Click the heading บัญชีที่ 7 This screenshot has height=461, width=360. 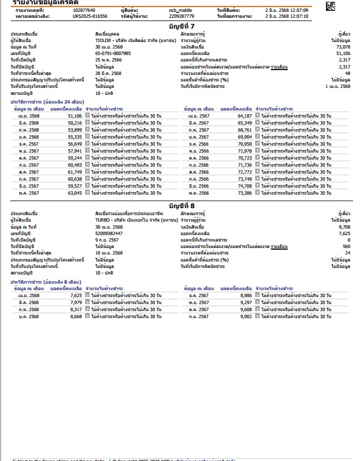180,26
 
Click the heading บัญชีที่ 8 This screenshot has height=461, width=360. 180,206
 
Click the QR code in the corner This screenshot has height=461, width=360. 330,6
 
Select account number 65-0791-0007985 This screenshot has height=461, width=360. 113,54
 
